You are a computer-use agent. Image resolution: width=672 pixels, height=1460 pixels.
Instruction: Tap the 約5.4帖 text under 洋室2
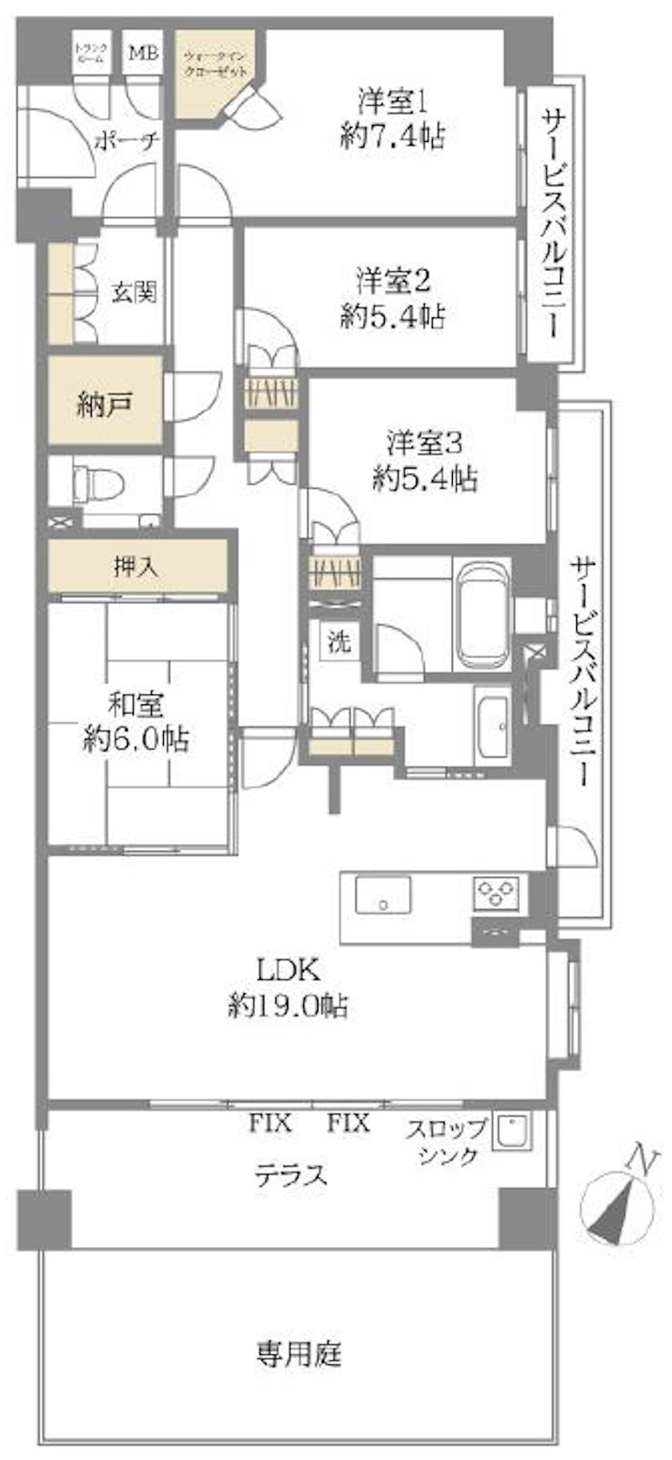[393, 317]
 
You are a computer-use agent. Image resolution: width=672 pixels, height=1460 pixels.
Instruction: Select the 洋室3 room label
[425, 442]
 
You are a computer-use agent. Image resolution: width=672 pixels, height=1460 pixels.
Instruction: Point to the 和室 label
[135, 704]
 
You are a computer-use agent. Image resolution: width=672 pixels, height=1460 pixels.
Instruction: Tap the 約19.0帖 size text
[288, 1005]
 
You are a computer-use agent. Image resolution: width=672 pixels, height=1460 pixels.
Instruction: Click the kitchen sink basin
[383, 895]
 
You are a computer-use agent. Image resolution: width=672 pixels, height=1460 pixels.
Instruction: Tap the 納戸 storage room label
[104, 406]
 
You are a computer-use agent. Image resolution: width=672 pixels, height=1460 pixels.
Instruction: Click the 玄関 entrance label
[134, 292]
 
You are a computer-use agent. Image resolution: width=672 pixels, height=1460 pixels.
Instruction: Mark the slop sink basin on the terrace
[511, 1133]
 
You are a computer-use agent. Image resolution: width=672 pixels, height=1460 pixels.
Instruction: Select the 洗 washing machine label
[339, 643]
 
